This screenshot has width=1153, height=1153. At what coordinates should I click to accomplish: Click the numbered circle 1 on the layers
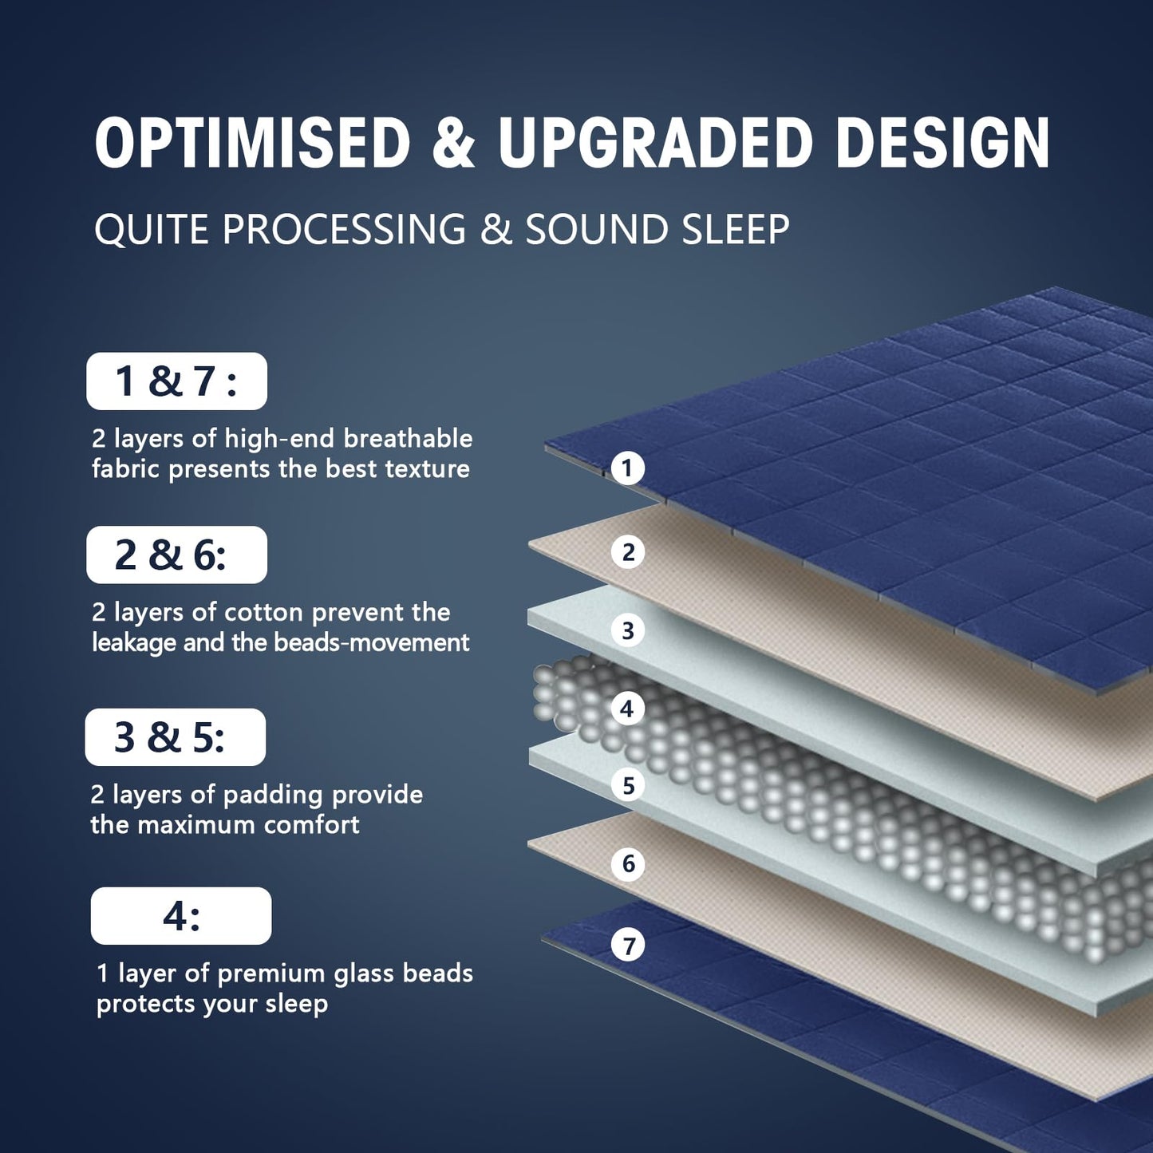click(x=627, y=468)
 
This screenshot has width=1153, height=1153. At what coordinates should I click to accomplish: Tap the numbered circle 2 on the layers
click(x=628, y=551)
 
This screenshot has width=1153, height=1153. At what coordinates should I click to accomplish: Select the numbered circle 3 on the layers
click(x=628, y=630)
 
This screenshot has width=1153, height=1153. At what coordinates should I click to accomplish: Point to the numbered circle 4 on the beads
click(x=627, y=708)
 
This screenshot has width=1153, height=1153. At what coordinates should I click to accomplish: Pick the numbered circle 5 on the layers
click(x=628, y=785)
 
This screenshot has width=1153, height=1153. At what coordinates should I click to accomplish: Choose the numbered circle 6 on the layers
click(x=628, y=863)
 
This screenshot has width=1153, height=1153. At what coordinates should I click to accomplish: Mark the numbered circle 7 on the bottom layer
click(x=628, y=946)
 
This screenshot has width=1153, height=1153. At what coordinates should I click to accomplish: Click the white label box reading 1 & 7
click(x=176, y=381)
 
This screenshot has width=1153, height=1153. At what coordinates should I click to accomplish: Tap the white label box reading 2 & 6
click(x=176, y=555)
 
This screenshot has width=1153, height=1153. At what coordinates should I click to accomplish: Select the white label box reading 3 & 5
click(x=176, y=737)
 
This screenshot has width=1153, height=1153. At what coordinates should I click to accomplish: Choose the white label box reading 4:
click(x=181, y=916)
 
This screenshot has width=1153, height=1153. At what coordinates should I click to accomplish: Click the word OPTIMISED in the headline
click(x=252, y=144)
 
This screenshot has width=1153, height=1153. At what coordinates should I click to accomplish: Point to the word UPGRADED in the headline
click(x=655, y=144)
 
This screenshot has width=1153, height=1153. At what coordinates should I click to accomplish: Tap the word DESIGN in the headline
click(x=942, y=144)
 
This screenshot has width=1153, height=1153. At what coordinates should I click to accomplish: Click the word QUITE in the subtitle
click(x=152, y=230)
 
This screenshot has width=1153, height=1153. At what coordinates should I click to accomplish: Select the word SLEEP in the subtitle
click(x=736, y=230)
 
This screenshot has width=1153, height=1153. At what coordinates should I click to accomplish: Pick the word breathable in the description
click(x=408, y=438)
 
